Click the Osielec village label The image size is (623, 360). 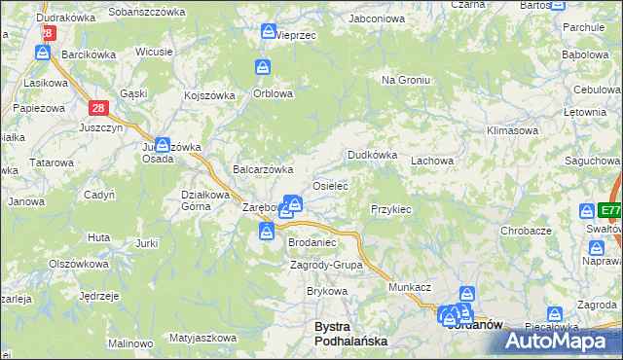pyautogui.click(x=329, y=185)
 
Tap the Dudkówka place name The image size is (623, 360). pyautogui.click(x=373, y=155)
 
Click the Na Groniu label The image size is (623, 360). pyautogui.click(x=405, y=80)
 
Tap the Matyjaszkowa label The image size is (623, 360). pyautogui.click(x=202, y=338)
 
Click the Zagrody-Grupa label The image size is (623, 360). pyautogui.click(x=327, y=265)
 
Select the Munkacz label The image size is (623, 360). pyautogui.click(x=410, y=289)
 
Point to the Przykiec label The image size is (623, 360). pyautogui.click(x=391, y=209)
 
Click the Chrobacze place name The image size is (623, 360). pyautogui.click(x=526, y=231)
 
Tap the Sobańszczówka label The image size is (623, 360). pyautogui.click(x=147, y=12)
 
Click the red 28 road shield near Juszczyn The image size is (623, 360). pyautogui.click(x=98, y=109)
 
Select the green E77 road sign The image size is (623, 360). pyautogui.click(x=610, y=210)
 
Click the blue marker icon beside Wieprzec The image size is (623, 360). pyautogui.click(x=268, y=33)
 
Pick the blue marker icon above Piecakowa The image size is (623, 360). pyautogui.click(x=555, y=314)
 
